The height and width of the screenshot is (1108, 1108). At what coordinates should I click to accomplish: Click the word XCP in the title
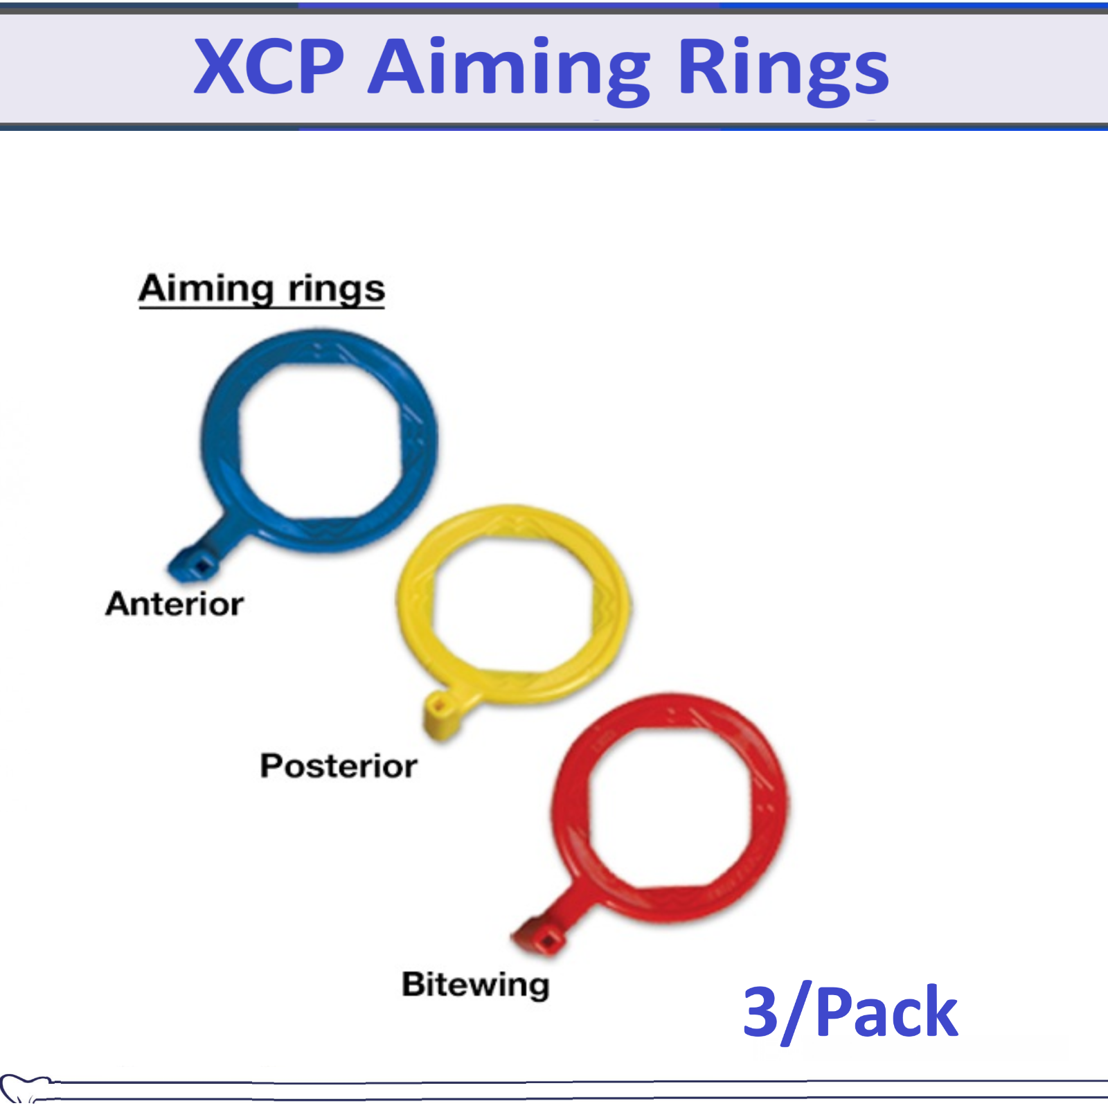(x=269, y=67)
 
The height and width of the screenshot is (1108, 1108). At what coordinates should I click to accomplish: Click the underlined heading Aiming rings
(x=261, y=289)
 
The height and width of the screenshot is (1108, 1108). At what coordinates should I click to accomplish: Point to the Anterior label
(x=175, y=604)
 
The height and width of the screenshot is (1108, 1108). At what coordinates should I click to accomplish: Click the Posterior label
(x=338, y=766)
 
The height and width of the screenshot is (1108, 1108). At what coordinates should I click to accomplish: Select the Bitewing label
(x=476, y=984)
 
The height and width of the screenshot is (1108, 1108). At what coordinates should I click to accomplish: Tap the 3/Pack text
(x=850, y=1012)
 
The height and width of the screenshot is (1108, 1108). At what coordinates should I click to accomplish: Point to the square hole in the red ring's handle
(x=546, y=941)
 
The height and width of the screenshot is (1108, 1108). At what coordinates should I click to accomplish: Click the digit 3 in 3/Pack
(x=760, y=1012)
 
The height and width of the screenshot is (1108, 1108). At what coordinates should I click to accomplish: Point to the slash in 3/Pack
(x=795, y=1012)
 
